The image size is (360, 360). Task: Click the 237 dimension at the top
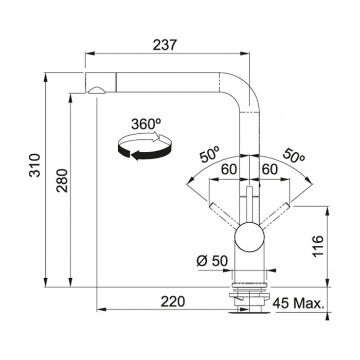point(165,45)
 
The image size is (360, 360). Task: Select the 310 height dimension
point(34,165)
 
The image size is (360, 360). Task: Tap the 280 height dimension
point(62,181)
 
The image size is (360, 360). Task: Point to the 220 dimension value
point(172,302)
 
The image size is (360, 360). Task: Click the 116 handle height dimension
point(318,246)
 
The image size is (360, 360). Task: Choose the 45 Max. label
point(298,303)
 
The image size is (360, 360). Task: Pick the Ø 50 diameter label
point(212,261)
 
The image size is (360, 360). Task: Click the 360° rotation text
point(146,124)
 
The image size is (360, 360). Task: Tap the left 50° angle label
point(209,154)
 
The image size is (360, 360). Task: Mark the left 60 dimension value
point(229,169)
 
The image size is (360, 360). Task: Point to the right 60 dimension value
point(270,169)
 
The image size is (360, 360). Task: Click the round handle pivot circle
point(249,237)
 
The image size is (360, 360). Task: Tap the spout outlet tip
point(97,91)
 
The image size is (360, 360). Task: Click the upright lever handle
point(249,204)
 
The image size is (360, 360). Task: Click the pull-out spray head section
point(101,83)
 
